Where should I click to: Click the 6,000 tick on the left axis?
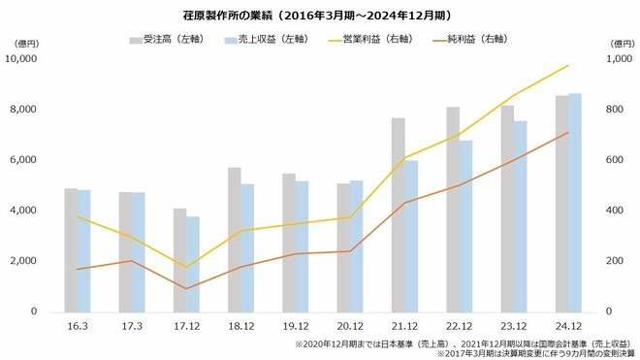pyautogui.click(x=22, y=160)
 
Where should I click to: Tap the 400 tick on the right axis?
pyautogui.click(x=618, y=211)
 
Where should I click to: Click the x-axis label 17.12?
pyautogui.click(x=185, y=327)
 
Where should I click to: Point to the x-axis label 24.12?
pyautogui.click(x=567, y=327)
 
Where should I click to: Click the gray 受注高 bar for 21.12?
pyautogui.click(x=398, y=214)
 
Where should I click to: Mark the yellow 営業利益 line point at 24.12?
pyautogui.click(x=568, y=65)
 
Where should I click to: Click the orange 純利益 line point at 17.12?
pyautogui.click(x=185, y=288)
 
